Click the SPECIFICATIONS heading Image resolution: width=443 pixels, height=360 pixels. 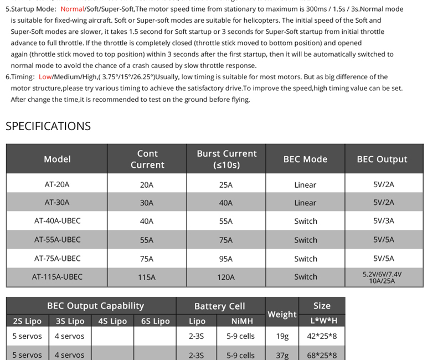(48, 126)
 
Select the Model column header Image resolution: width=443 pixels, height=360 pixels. (57, 159)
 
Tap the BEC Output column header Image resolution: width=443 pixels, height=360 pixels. (382, 159)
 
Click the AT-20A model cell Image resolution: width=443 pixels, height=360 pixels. (57, 184)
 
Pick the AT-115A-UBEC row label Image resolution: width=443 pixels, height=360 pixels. (57, 277)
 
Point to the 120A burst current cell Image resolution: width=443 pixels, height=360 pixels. (226, 277)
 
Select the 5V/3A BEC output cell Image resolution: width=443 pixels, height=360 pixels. (384, 221)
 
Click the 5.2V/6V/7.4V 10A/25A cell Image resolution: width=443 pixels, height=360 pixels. (382, 277)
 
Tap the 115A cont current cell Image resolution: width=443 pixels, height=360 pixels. (147, 277)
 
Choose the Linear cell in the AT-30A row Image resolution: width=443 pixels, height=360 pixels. (305, 203)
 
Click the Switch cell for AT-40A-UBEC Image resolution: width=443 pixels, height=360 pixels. (306, 221)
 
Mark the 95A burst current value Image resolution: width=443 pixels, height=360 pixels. (226, 259)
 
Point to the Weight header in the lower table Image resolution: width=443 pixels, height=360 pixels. (282, 314)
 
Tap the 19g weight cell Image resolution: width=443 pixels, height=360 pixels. (282, 336)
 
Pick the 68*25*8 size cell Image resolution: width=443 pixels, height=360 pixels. (322, 355)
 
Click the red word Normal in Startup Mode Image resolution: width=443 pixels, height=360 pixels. (72, 9)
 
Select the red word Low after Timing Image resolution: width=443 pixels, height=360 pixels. (45, 77)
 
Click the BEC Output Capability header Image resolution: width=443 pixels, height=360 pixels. (95, 306)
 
